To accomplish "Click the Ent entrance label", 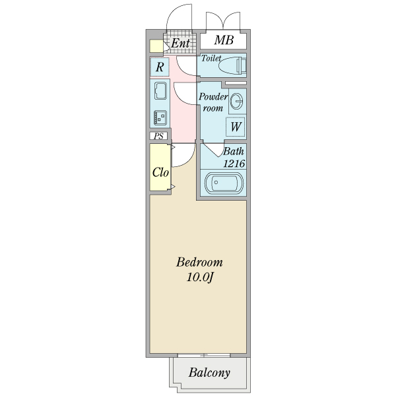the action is (x=180, y=43).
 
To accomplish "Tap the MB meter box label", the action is (x=224, y=40).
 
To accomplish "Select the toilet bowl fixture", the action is (x=232, y=66).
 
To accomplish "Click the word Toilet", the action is (x=211, y=58).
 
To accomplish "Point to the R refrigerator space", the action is (x=159, y=67).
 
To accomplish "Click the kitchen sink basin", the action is (x=160, y=91).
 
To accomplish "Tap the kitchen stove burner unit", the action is (x=160, y=117).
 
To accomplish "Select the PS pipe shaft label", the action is (x=158, y=137).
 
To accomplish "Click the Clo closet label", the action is (x=160, y=172).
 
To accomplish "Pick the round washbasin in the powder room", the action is (x=237, y=101).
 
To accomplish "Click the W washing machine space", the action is (x=236, y=127).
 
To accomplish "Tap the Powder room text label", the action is (x=213, y=102).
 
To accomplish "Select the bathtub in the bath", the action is (x=224, y=183).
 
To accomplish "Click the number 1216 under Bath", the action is (x=234, y=164).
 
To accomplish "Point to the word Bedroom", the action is (x=199, y=262).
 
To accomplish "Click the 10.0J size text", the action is (x=200, y=278).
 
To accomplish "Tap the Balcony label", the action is (x=209, y=372).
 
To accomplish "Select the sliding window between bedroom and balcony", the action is (x=204, y=355).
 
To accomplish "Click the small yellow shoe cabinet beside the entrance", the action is (x=156, y=46).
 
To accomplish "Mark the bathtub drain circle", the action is (x=216, y=182).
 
